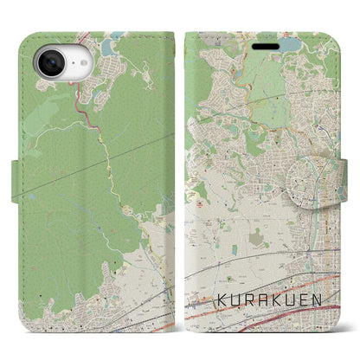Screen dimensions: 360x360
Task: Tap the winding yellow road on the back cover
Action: point(112,164)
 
